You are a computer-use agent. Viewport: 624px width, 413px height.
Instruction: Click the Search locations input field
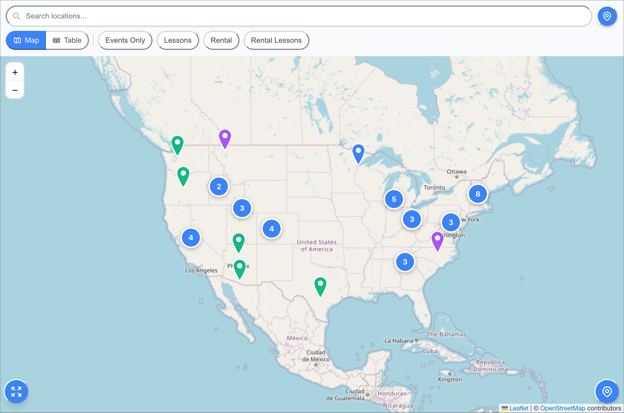298,16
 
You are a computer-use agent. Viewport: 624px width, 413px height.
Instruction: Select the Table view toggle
67,40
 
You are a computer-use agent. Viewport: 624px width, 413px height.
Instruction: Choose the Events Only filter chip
125,40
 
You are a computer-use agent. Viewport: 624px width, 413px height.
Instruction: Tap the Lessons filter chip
177,40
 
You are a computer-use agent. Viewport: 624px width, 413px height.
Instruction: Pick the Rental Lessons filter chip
276,40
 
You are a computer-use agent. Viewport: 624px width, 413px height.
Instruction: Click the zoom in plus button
15,72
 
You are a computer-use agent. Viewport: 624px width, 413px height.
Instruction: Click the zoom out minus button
15,90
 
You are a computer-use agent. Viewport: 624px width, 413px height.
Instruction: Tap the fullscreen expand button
16,391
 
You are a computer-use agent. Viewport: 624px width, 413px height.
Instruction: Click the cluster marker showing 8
478,194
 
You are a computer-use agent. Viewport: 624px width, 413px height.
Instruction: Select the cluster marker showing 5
394,199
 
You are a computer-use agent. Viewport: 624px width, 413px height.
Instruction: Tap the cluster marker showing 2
219,187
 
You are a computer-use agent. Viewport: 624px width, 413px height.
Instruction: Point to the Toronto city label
434,188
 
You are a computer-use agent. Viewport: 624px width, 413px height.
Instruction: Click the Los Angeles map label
201,270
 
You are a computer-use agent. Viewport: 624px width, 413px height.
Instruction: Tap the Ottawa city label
456,172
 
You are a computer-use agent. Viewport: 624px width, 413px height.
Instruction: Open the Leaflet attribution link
519,408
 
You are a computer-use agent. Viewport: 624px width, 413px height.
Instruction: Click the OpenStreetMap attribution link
563,408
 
